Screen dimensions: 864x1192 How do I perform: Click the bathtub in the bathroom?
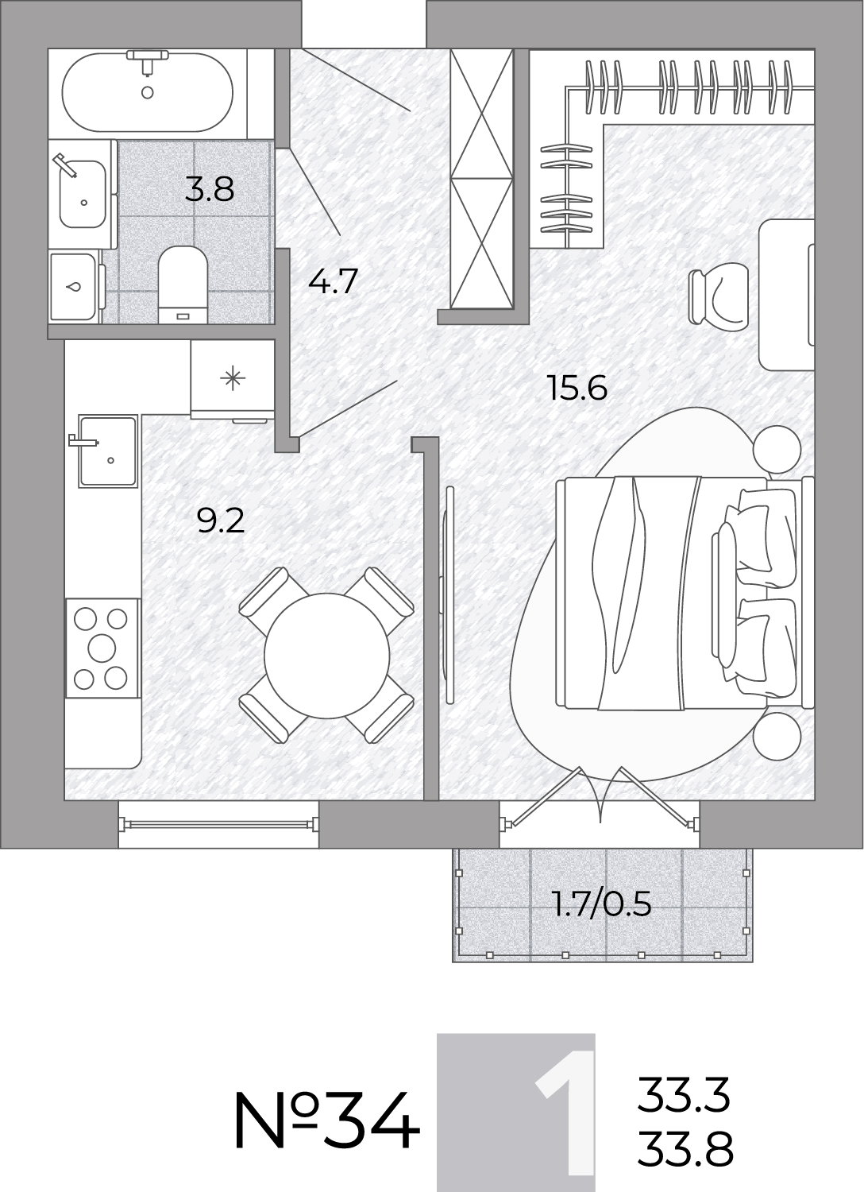(147, 92)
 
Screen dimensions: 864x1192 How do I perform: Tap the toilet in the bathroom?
(183, 284)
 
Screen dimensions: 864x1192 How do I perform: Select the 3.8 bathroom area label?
(210, 189)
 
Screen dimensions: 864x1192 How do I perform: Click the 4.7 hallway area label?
(333, 281)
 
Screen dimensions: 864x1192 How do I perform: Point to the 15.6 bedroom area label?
(577, 388)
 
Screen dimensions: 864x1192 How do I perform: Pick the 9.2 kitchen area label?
(221, 521)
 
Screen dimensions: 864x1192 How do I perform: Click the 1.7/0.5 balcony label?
(603, 904)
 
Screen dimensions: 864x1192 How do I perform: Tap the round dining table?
(327, 655)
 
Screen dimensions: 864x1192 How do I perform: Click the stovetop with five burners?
(102, 648)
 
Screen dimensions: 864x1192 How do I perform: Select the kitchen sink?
(108, 451)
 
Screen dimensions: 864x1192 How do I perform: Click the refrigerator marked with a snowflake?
(233, 379)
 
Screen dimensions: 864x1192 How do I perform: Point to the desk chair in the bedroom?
(718, 296)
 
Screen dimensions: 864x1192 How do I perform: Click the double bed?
(685, 593)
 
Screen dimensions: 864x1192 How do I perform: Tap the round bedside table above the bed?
(777, 450)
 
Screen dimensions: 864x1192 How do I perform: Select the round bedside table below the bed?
(777, 737)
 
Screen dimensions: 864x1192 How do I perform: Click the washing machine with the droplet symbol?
(75, 287)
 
